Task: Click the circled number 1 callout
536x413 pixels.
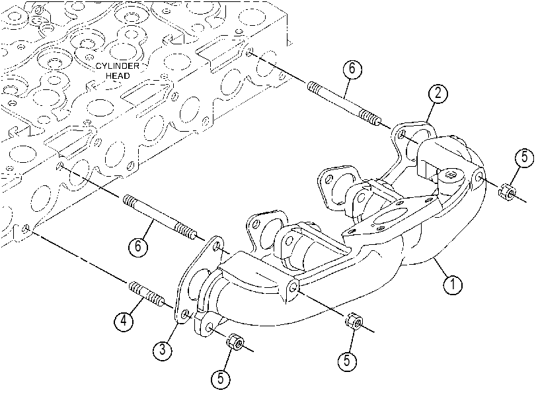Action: click(452, 284)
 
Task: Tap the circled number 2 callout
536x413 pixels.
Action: click(438, 93)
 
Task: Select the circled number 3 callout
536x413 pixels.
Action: click(163, 350)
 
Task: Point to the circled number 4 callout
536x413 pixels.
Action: click(124, 320)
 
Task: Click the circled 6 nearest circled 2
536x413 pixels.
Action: click(352, 69)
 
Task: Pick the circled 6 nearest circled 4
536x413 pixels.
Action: click(138, 246)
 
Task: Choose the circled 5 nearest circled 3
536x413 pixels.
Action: click(221, 379)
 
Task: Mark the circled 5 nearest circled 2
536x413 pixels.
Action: click(525, 158)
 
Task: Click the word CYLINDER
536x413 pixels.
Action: click(117, 66)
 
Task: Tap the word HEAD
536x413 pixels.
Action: click(118, 75)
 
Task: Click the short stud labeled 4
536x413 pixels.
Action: click(145, 293)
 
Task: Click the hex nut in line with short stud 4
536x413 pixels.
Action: click(235, 342)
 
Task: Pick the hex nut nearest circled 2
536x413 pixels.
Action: click(508, 192)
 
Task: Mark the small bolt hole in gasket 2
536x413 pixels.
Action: click(402, 134)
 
